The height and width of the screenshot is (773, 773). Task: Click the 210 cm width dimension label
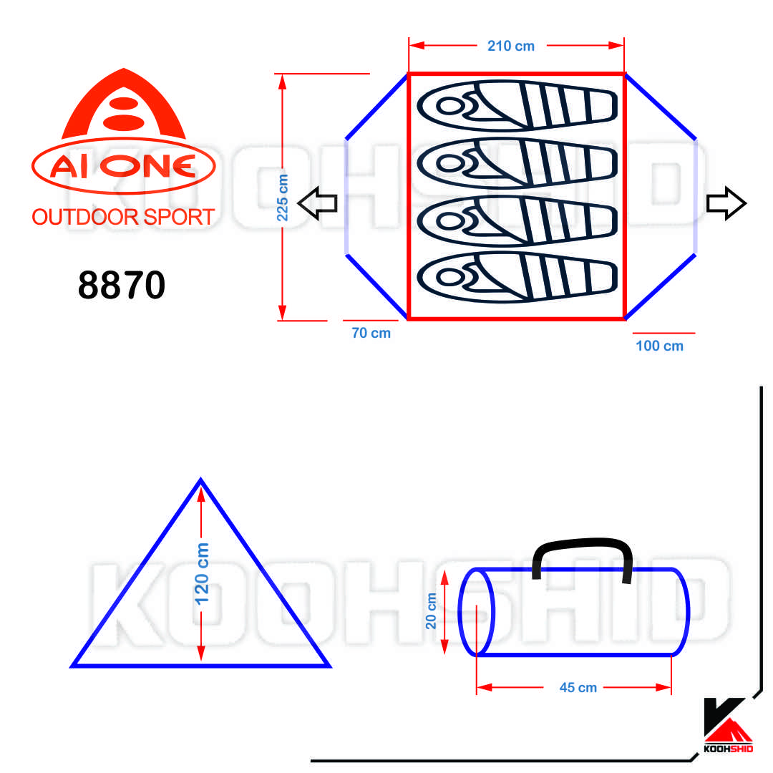click(x=511, y=46)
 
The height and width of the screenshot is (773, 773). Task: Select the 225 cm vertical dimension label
click(x=282, y=198)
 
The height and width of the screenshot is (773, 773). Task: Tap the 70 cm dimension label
click(x=371, y=334)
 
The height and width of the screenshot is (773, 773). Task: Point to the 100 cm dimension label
click(x=660, y=346)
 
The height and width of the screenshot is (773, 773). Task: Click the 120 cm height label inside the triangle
click(x=202, y=574)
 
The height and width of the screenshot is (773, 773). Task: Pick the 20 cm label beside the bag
click(x=431, y=611)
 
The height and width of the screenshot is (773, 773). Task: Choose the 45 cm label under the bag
click(x=578, y=688)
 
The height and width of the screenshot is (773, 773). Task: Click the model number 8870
click(x=122, y=285)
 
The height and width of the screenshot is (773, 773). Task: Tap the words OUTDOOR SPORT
click(x=123, y=217)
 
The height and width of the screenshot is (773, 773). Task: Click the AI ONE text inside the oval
click(x=123, y=166)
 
